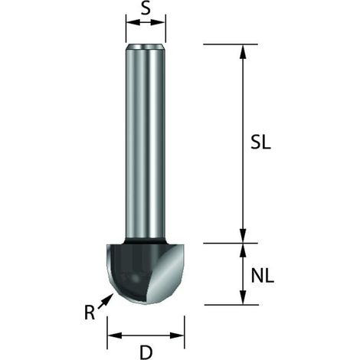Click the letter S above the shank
146,8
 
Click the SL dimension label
260,142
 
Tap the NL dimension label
263,276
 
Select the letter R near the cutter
90,313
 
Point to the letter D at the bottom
146,352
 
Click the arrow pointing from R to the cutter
106,301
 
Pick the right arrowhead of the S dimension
159,22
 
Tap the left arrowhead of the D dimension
114,335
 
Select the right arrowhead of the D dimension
177,335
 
